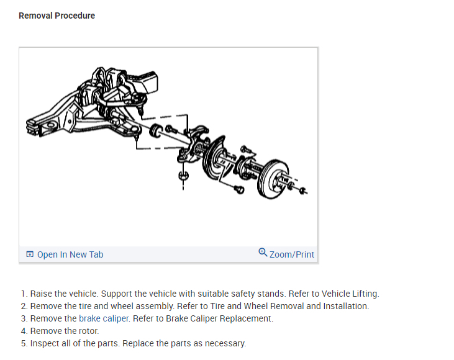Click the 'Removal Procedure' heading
[57, 16]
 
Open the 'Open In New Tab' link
[70, 254]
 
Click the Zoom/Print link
[292, 254]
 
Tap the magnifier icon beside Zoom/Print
[263, 253]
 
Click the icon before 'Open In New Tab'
[30, 254]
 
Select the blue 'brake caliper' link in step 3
[104, 318]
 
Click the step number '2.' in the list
[24, 306]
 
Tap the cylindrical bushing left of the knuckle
[156, 130]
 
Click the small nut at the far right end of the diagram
[302, 191]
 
